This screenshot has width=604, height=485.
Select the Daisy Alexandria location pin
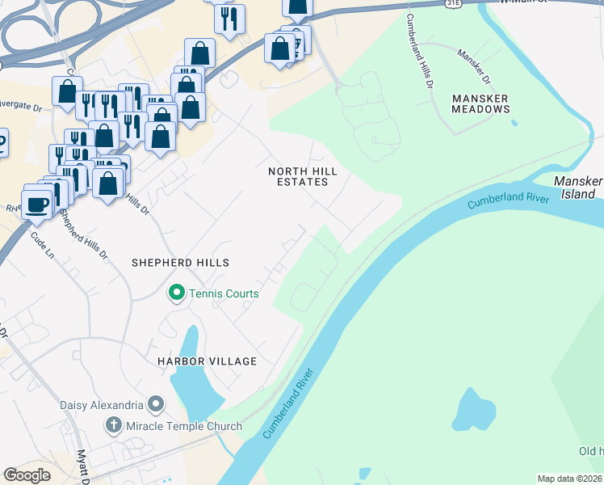coord(156,404)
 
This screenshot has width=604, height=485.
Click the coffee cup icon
coord(37,202)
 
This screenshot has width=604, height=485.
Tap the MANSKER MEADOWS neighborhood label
coord(480,103)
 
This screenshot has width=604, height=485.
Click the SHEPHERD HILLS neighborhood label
coord(181,263)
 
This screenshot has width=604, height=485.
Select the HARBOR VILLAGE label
coord(207,361)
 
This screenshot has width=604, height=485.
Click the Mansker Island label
coord(578,187)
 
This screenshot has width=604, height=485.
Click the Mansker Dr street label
coord(474,68)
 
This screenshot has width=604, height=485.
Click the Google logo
coord(27,474)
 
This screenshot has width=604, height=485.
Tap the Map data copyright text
coord(570,479)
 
